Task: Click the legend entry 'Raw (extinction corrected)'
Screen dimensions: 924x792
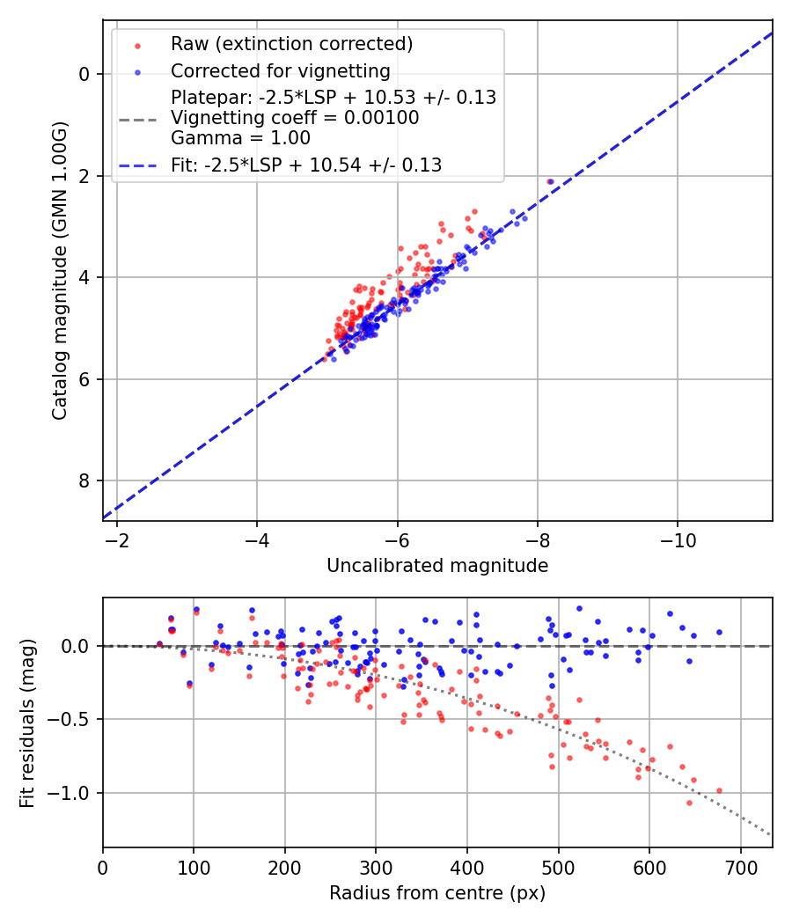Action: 291,44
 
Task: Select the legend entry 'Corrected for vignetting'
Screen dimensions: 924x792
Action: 280,70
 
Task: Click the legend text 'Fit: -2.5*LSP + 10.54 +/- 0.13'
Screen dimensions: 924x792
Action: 306,165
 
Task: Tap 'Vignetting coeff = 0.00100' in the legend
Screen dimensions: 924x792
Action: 295,117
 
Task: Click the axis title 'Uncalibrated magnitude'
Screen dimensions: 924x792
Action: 437,566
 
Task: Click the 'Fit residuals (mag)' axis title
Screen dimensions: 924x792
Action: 27,722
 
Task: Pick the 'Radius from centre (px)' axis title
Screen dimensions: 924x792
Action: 437,893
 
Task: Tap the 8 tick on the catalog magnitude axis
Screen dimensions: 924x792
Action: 85,480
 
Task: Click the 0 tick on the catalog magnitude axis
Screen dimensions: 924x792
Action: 85,74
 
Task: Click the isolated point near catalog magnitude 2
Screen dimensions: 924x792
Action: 550,181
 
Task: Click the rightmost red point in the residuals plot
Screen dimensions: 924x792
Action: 719,790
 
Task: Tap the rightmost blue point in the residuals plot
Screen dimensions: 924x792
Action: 719,632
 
